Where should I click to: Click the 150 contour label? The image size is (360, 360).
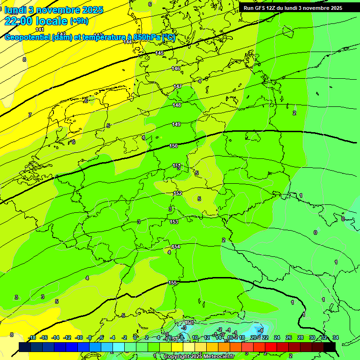pos(173,146)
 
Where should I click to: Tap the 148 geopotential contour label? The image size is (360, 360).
pos(177,105)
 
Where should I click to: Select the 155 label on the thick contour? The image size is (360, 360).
pos(172,283)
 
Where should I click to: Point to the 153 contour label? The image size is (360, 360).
pos(174,222)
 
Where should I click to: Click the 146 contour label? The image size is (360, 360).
pos(176,69)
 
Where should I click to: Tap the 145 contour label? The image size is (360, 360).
pos(160,53)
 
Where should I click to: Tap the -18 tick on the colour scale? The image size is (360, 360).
pos(32,337)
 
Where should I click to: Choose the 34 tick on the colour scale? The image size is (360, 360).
pos(335,337)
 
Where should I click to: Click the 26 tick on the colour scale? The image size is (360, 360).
pos(289,337)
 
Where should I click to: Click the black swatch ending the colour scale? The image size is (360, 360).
pos(330,346)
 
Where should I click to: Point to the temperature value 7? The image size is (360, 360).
pos(30,115)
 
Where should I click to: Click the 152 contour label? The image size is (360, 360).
pos(178,194)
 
